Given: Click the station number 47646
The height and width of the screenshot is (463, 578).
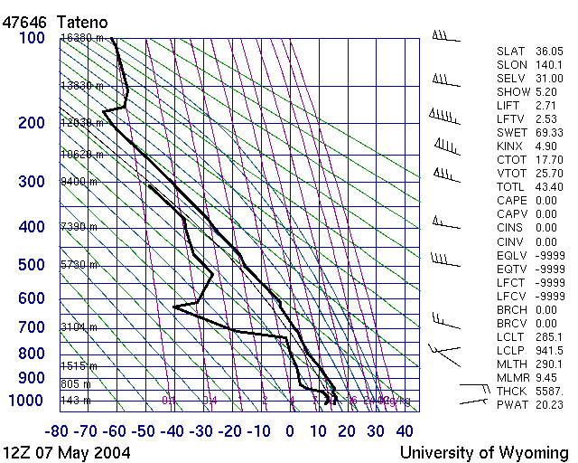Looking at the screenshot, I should [24, 21].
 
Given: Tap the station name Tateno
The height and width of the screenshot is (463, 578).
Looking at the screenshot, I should [82, 21].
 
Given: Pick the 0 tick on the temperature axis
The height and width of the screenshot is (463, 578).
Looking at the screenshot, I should [290, 431].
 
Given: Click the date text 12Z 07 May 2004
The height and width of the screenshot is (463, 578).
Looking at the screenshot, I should [67, 451].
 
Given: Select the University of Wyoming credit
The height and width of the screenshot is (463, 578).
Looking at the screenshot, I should [484, 451].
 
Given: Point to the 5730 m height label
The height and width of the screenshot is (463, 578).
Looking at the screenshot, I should [79, 265].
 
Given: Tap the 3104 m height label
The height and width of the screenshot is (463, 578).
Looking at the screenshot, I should [79, 326].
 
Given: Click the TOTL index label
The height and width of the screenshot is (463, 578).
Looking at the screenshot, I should [511, 187].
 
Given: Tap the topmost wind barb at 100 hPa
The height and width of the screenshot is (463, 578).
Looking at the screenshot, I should [444, 38].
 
